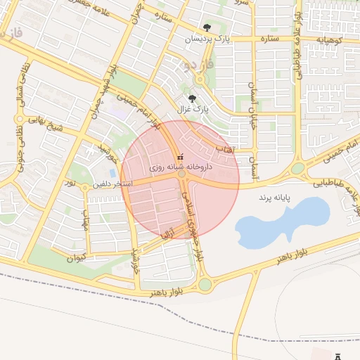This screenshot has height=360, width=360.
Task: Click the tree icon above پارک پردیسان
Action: point(206,27)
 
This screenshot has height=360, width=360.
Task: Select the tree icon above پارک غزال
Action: point(193,99)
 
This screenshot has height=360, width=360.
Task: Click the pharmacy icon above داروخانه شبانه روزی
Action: point(180,157)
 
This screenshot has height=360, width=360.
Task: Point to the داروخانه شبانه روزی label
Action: point(180,169)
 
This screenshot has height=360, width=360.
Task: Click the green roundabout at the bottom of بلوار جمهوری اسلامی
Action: point(205,285)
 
